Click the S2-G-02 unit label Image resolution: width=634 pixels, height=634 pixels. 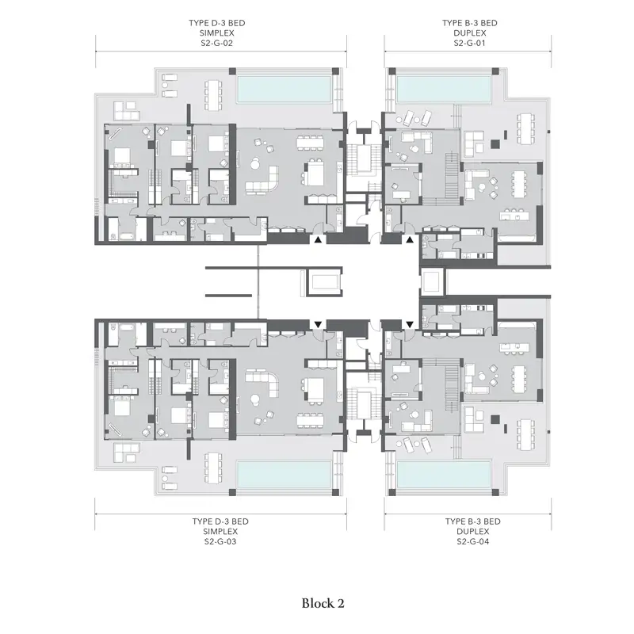(x=216, y=44)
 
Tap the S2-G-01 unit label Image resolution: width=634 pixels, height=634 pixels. (x=469, y=44)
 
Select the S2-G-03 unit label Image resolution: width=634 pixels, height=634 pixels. (x=220, y=541)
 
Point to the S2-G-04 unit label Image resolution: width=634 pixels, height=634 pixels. (x=472, y=541)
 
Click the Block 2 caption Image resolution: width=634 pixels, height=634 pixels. (x=323, y=604)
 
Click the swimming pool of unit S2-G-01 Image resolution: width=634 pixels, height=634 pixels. (x=444, y=89)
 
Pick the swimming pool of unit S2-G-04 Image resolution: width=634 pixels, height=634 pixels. (x=444, y=474)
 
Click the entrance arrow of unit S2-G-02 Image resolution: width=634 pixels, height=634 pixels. (x=318, y=240)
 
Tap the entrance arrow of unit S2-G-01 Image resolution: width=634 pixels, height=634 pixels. (x=410, y=240)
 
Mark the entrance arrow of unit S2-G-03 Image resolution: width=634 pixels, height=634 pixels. (x=318, y=324)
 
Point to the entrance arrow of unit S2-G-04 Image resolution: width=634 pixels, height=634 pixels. (x=410, y=324)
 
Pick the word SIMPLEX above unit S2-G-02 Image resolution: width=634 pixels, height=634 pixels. (x=216, y=33)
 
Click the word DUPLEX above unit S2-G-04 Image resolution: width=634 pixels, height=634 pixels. (x=472, y=532)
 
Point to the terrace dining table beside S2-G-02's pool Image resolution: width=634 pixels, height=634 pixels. (x=213, y=95)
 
